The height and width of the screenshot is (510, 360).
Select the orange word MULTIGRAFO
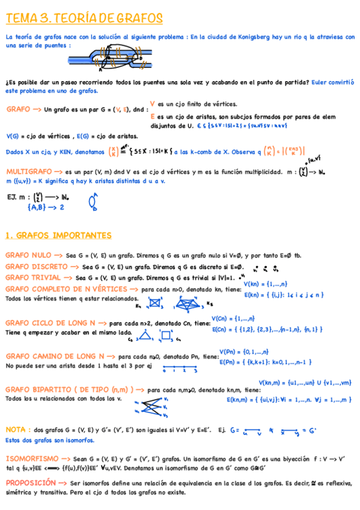[x=29, y=171]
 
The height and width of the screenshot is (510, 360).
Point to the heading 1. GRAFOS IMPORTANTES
[x=58, y=235]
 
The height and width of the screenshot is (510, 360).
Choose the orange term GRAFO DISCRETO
[x=37, y=266]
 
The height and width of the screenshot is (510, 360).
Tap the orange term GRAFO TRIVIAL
[x=34, y=278]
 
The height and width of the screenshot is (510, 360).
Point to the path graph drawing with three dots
[x=179, y=367]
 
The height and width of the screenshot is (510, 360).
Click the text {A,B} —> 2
[x=45, y=207]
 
